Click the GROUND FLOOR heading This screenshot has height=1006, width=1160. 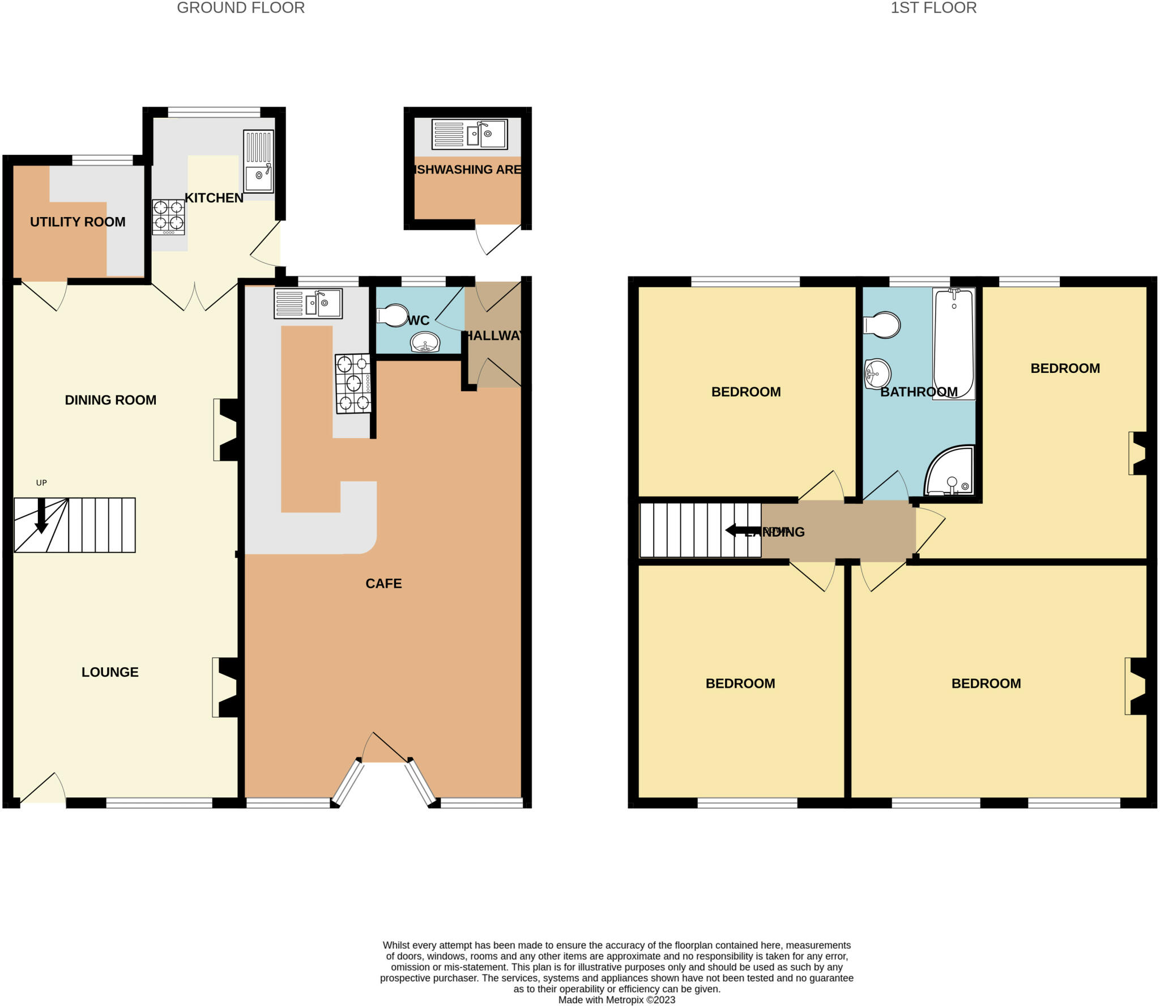[x=241, y=8]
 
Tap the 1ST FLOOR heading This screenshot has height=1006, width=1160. [x=933, y=8]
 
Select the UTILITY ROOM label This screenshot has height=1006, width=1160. [x=78, y=222]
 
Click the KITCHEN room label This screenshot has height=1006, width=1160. [x=214, y=198]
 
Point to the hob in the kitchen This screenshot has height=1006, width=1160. [x=168, y=217]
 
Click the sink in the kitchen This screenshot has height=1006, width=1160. [x=258, y=162]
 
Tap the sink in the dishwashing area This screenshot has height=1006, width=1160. [x=469, y=134]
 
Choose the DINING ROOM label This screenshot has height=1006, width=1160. [x=110, y=400]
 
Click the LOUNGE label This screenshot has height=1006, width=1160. [x=110, y=672]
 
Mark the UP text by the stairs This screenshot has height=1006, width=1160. [x=41, y=483]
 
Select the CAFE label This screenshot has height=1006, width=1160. [x=383, y=584]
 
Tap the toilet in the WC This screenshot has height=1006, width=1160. [x=393, y=316]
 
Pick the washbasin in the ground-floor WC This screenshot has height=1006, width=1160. [x=425, y=342]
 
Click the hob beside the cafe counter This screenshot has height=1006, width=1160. [x=353, y=384]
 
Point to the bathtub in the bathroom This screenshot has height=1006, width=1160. [x=954, y=343]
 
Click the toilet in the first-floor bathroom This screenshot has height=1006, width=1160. [x=882, y=325]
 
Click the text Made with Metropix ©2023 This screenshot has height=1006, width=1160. [x=616, y=1000]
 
